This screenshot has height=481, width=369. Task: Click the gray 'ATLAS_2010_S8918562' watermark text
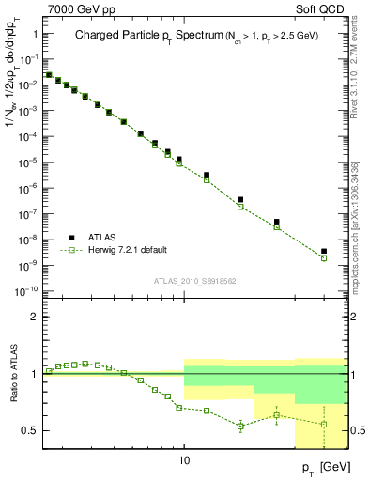click(194, 279)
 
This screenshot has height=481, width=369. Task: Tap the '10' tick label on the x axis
click(184, 461)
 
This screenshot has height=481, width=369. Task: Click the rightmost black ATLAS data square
click(324, 252)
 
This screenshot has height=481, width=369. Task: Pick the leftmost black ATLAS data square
click(49, 74)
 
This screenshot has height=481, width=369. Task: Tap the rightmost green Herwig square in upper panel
click(324, 258)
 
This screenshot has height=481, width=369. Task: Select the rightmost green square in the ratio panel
click(324, 424)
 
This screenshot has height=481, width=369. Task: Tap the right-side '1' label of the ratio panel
click(355, 374)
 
